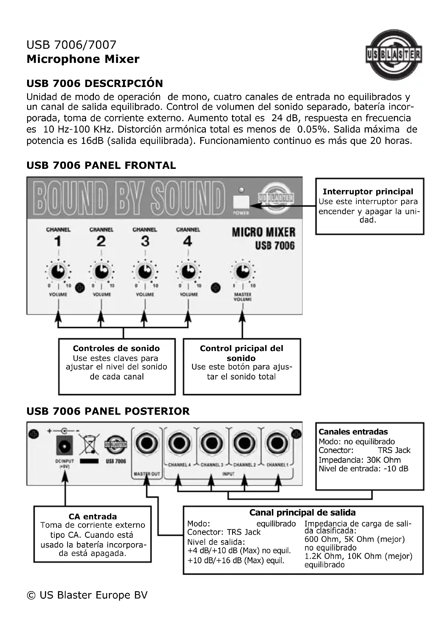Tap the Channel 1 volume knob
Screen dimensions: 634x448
(58, 272)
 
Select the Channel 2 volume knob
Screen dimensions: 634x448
(101, 272)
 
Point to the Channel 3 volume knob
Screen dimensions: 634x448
(145, 272)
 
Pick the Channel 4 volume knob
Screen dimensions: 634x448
(188, 272)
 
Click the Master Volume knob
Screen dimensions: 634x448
(243, 272)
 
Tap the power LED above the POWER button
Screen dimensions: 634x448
(241, 190)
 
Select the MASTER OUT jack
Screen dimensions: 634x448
(147, 444)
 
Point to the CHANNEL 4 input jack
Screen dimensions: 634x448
(179, 444)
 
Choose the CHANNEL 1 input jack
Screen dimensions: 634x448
(277, 444)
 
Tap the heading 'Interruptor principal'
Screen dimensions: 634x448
(368, 191)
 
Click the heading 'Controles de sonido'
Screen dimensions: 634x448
(116, 348)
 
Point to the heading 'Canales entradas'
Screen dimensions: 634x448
(353, 432)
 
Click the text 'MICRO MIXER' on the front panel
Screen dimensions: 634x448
(264, 232)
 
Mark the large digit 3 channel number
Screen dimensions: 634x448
(145, 241)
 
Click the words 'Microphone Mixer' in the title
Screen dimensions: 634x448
(83, 59)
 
